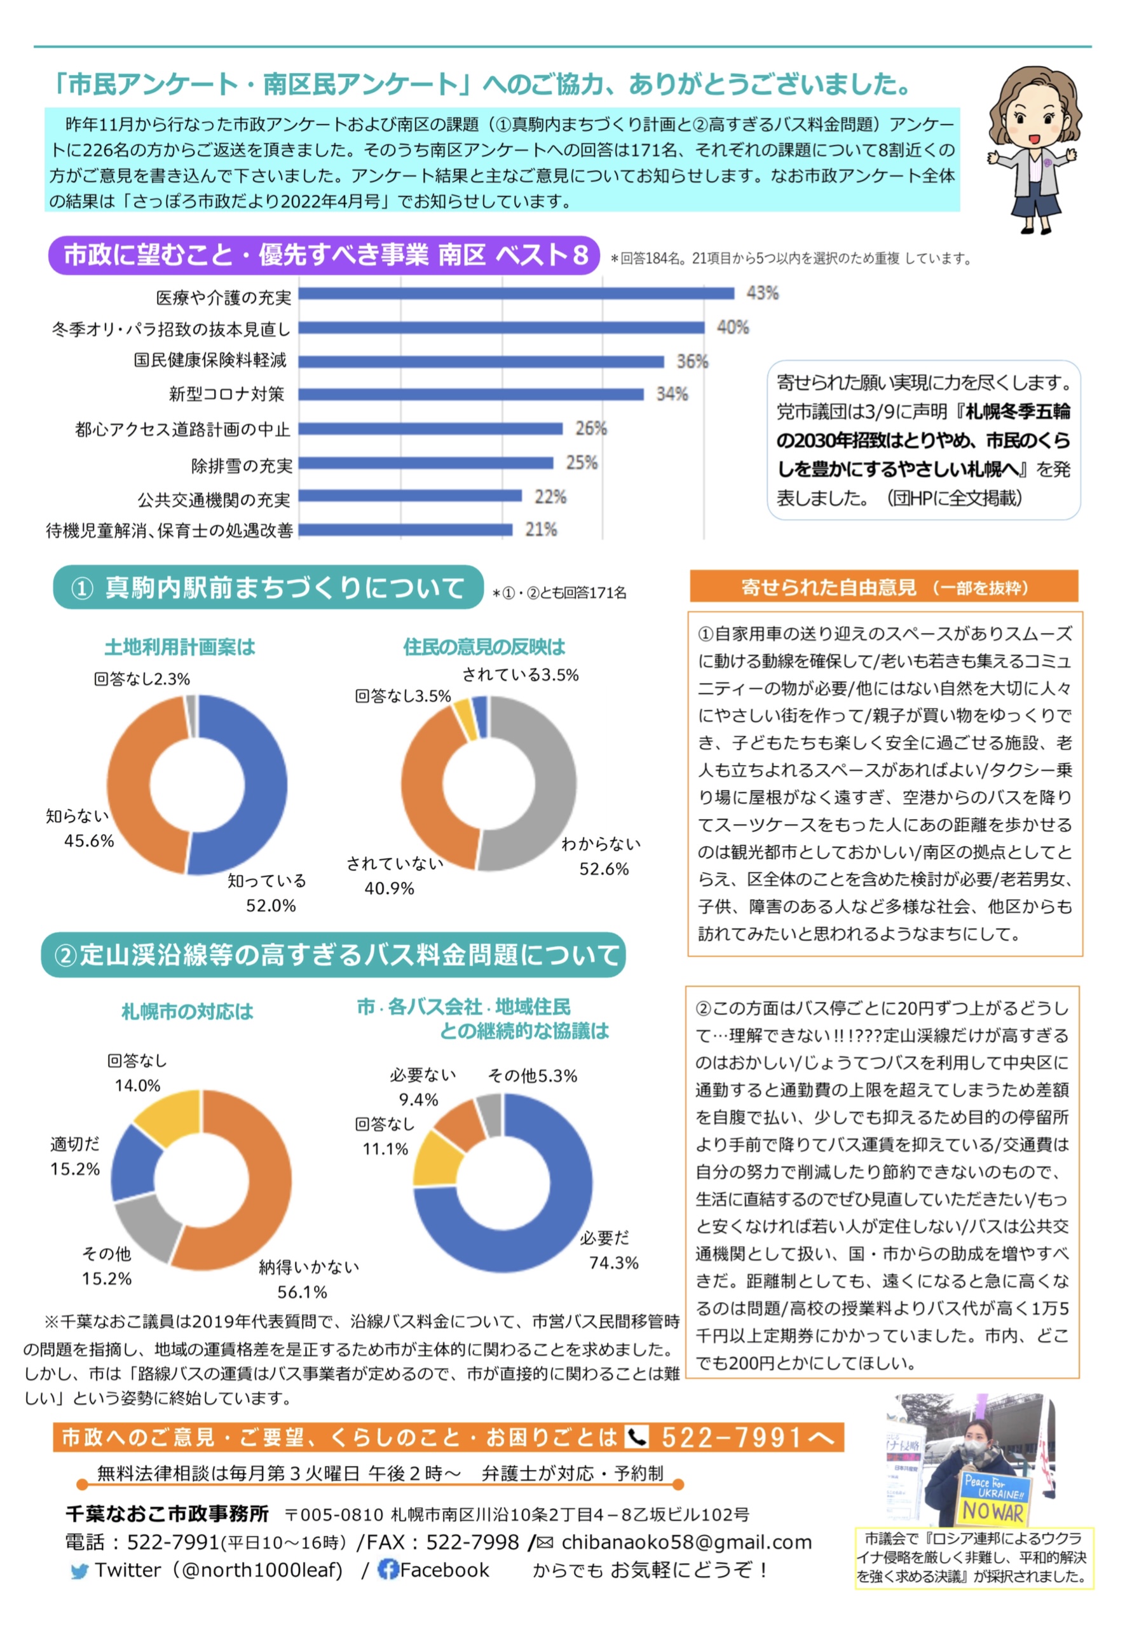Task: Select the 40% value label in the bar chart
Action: [x=732, y=327]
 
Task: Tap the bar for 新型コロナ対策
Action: [x=470, y=394]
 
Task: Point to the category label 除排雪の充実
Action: [x=242, y=466]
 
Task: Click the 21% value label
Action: [x=541, y=529]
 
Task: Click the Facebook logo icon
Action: [x=388, y=1570]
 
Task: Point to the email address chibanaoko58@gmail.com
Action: [x=686, y=1542]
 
